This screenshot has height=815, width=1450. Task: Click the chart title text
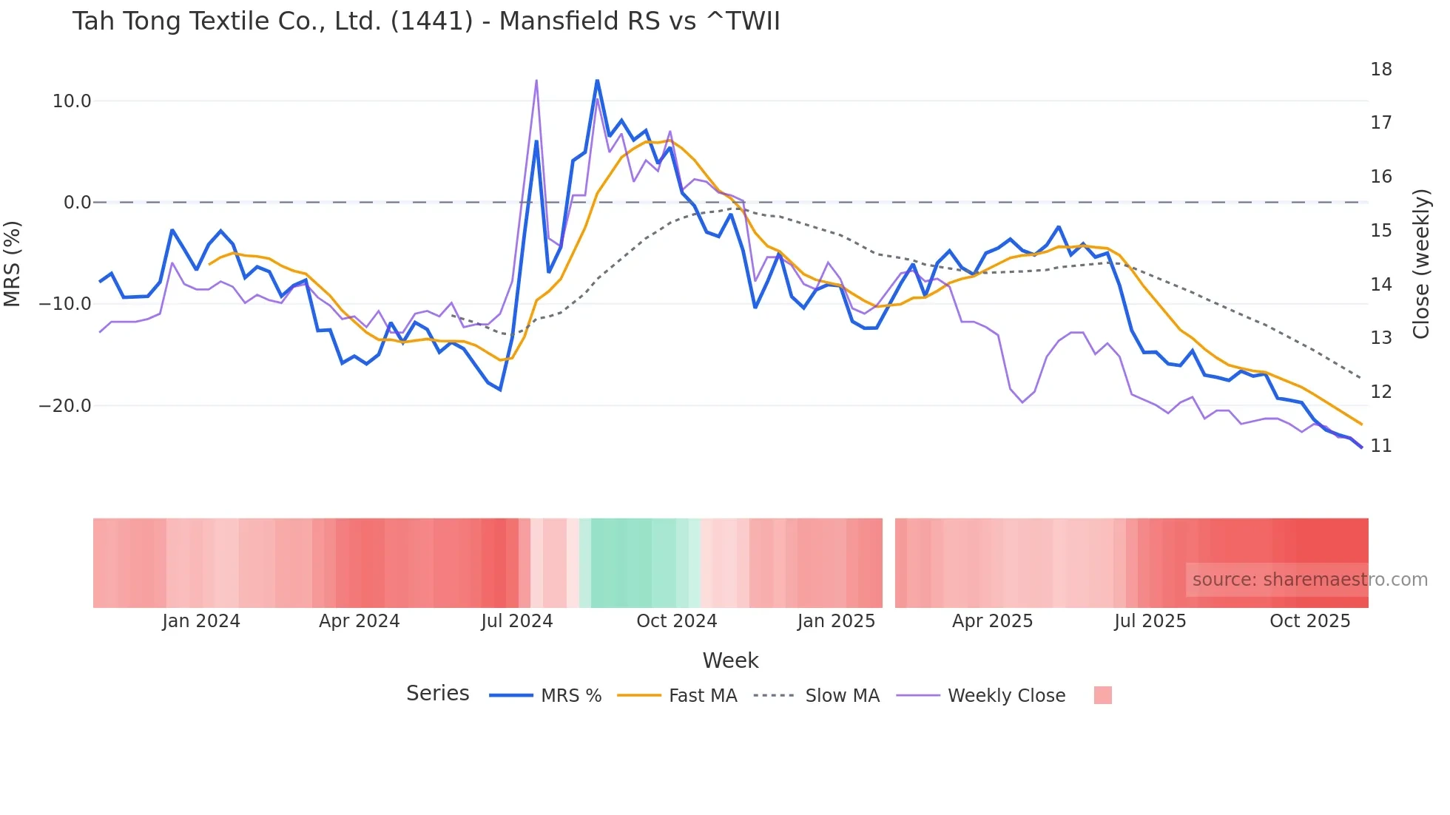pyautogui.click(x=426, y=21)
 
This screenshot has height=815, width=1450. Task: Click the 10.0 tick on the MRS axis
pyautogui.click(x=72, y=101)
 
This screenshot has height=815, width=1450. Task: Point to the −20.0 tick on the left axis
pyautogui.click(x=65, y=406)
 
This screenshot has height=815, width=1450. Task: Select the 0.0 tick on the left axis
pyautogui.click(x=77, y=203)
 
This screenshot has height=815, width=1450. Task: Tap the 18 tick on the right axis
pyautogui.click(x=1380, y=70)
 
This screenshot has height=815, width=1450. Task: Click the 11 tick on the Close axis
pyautogui.click(x=1380, y=446)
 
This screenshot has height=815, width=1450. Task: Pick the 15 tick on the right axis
pyautogui.click(x=1380, y=231)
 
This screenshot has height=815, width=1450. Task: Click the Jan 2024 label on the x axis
pyautogui.click(x=201, y=621)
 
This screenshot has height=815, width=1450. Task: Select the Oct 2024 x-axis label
pyautogui.click(x=676, y=621)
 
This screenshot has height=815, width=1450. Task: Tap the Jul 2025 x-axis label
pyautogui.click(x=1150, y=621)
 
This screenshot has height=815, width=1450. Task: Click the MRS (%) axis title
pyautogui.click(x=13, y=264)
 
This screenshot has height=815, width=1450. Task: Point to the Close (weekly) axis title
pyautogui.click(x=1420, y=264)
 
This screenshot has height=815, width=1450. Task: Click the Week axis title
pyautogui.click(x=730, y=660)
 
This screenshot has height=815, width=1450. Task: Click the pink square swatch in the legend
pyautogui.click(x=1102, y=695)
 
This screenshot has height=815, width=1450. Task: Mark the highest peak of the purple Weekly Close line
pyautogui.click(x=536, y=80)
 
